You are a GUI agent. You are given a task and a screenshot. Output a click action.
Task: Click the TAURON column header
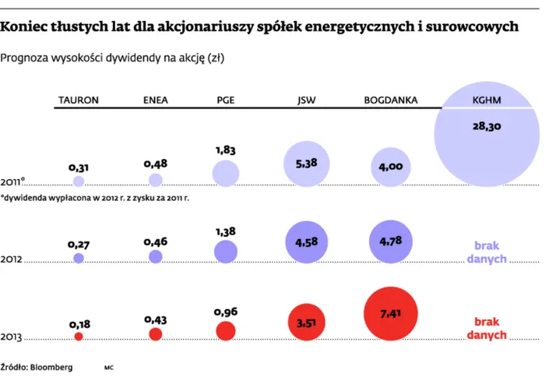pos(78,100)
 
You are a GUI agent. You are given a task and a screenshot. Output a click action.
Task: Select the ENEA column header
pos(156,100)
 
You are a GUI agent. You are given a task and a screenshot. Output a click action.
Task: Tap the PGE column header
pos(225,100)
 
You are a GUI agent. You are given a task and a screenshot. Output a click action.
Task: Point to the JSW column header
pos(306,100)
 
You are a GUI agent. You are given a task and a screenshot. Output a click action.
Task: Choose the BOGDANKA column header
pos(391,100)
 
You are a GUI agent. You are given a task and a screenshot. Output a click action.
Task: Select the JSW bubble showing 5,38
pos(306,164)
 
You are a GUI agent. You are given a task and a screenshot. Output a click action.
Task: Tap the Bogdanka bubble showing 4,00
pos(390,166)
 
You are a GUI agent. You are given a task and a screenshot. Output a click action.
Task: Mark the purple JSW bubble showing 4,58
pos(306,242)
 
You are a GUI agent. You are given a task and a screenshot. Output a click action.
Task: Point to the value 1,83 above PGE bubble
pos(226,150)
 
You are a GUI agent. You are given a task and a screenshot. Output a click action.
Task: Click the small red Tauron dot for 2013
pos(78,336)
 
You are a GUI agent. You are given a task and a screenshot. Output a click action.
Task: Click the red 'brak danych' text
pos(487,328)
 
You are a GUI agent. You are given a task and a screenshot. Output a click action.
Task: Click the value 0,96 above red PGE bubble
pos(226,312)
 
